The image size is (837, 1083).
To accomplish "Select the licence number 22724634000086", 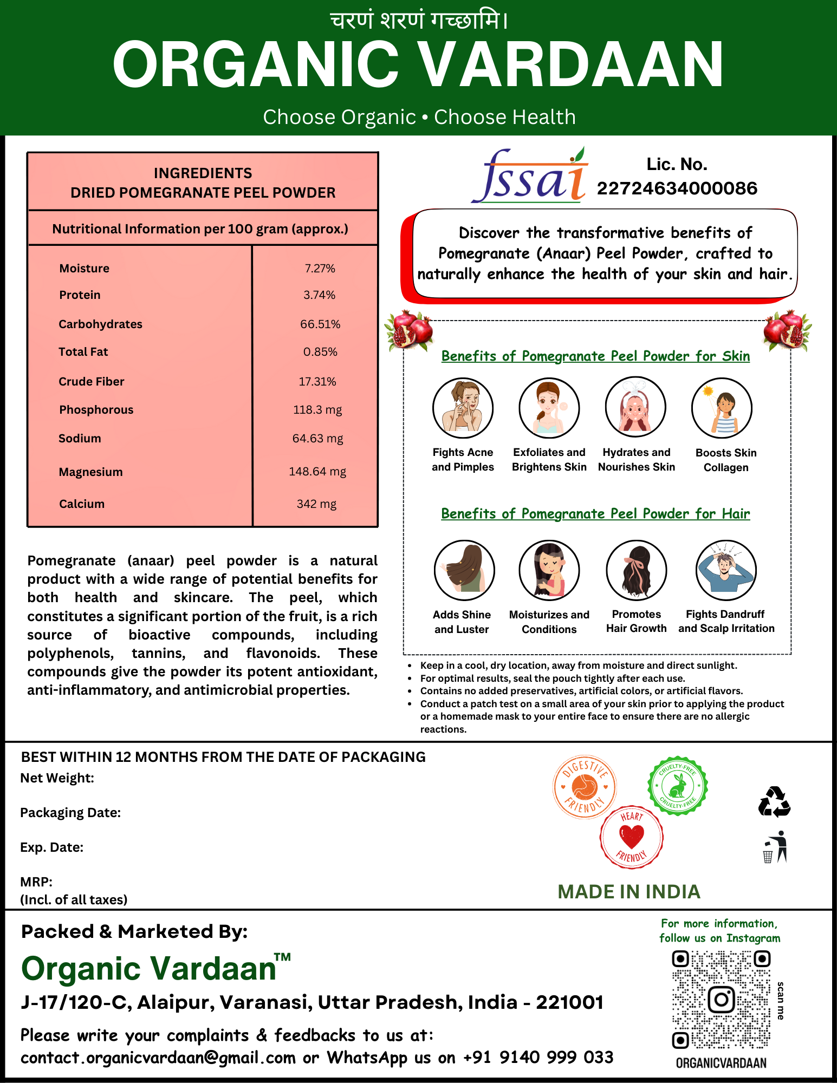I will tap(677, 188).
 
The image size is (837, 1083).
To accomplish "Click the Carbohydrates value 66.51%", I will tap(320, 324).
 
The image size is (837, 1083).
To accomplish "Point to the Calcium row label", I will tap(82, 504).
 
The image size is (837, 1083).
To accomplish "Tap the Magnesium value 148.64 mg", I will tap(317, 471).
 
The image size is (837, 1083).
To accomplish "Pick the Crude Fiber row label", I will tap(92, 381).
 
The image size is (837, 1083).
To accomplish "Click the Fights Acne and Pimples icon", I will tap(463, 408).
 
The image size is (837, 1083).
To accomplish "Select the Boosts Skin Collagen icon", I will tap(722, 408).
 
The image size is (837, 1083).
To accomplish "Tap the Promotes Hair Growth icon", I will tap(636, 570).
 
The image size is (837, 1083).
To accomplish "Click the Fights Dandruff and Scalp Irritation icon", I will tap(726, 570).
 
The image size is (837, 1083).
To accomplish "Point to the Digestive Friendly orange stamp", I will tap(585, 786).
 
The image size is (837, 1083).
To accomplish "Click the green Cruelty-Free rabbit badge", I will tap(678, 786).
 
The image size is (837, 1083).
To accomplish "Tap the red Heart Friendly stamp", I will tap(631, 837).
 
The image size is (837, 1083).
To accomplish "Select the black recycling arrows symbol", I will tap(774, 802).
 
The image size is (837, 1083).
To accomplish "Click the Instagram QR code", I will tap(721, 1000).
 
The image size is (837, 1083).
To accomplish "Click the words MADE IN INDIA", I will tap(629, 892).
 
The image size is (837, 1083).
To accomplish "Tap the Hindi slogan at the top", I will tap(419, 21).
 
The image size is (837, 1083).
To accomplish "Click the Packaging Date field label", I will tap(70, 812).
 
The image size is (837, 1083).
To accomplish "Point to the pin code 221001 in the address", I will tap(569, 1002).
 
